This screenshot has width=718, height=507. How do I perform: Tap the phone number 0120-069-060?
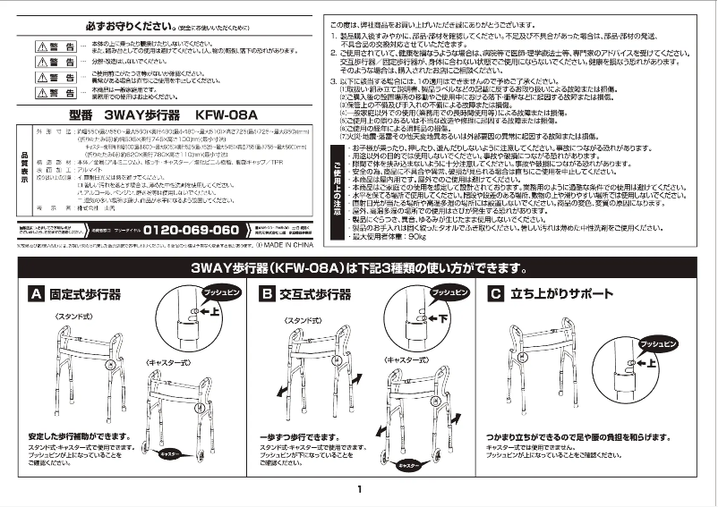point(192,230)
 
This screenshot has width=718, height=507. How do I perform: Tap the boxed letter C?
point(495,293)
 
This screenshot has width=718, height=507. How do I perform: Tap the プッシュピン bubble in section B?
point(447,292)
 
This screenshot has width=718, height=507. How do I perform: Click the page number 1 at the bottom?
point(358,489)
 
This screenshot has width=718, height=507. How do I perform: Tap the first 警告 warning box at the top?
point(56,46)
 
